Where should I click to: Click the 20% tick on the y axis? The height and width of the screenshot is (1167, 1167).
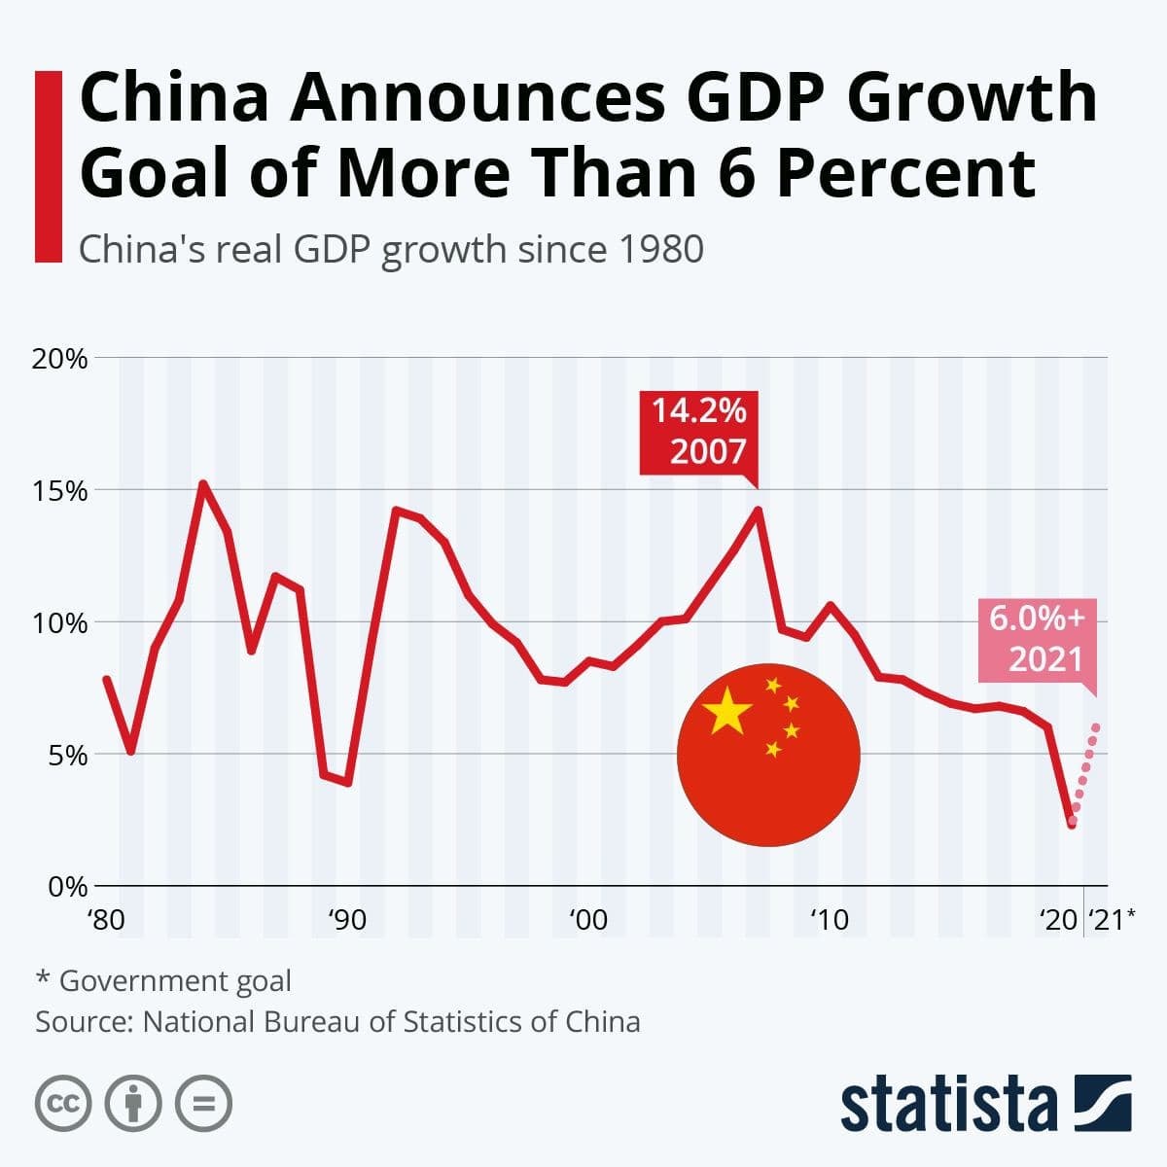pos(60,358)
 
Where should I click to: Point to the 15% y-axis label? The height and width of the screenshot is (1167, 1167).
pos(60,490)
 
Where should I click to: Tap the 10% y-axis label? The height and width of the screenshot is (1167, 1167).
pos(60,622)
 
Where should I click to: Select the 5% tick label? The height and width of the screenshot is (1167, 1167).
pos(68,755)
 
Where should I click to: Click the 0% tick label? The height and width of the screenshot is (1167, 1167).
pos(68,887)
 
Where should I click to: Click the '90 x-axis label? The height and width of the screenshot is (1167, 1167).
pos(346,919)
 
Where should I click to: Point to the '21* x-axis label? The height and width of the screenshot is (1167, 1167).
pos(1111,919)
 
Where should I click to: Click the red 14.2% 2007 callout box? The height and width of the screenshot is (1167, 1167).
pos(698,432)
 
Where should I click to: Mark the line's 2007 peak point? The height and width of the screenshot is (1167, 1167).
pos(758,510)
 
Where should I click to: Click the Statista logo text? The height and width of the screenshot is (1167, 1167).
pos(948,1104)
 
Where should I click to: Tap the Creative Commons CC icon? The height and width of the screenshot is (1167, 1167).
pos(63,1103)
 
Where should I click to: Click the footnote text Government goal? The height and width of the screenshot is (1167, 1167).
pos(175,980)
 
